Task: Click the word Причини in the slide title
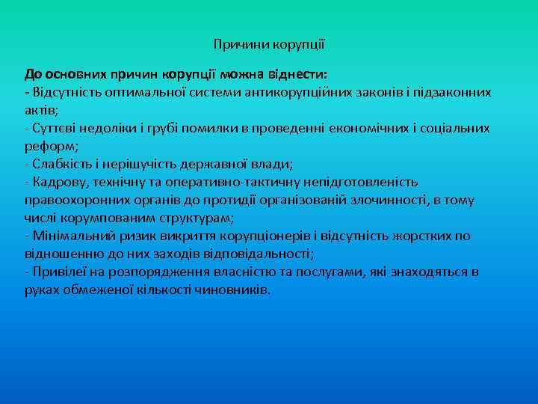[x=235, y=45]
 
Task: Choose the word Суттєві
[x=53, y=128]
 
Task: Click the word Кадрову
[x=55, y=182]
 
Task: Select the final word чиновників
[x=232, y=290]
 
